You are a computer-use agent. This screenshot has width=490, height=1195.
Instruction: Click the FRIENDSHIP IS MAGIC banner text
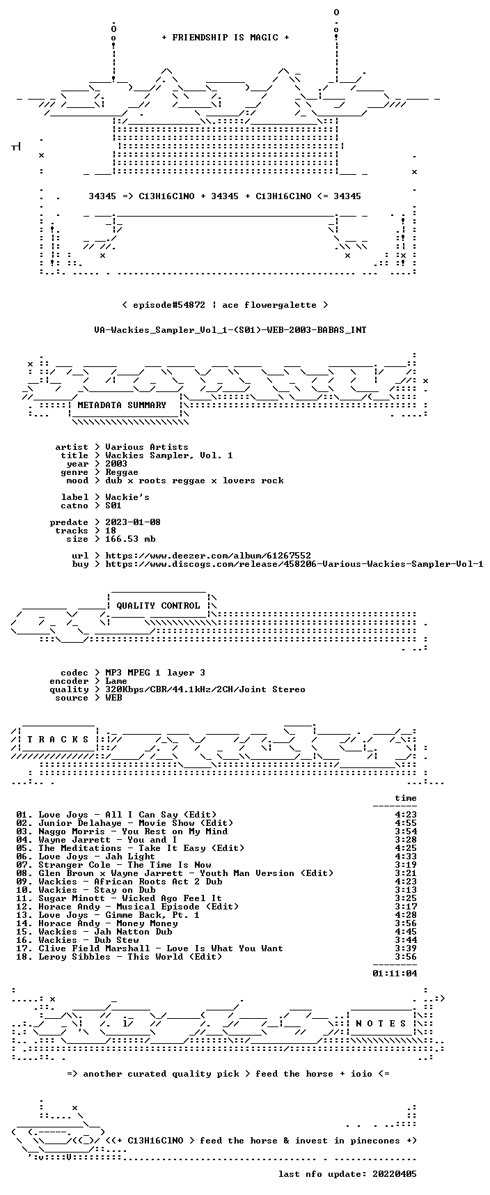coord(225,38)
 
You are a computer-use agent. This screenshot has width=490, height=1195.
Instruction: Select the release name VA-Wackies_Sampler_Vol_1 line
coord(230,330)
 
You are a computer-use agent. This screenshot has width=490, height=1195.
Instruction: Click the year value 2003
coord(116,464)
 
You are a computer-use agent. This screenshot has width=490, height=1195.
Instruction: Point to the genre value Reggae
coord(122,472)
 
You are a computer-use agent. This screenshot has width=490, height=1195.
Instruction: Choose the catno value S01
coord(113,506)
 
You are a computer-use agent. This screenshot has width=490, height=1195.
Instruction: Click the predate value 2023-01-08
coord(133,522)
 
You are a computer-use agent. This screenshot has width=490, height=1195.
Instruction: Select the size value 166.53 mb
coord(130,539)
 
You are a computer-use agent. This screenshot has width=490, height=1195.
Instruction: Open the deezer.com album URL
coord(208,556)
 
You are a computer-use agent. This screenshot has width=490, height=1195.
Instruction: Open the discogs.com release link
coord(294,564)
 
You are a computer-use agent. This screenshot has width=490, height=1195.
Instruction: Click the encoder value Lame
coord(116,681)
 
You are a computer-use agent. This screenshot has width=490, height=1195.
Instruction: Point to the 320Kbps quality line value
coord(205,689)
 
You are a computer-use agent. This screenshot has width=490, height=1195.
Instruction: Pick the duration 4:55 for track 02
coord(406,823)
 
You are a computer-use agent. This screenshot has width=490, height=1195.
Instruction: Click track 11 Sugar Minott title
coord(130,898)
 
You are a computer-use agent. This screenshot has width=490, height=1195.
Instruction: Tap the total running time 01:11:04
coord(395,974)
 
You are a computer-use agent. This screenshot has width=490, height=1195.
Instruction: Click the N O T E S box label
coord(381,1024)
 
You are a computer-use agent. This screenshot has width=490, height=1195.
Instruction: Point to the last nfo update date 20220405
coord(395,1174)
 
